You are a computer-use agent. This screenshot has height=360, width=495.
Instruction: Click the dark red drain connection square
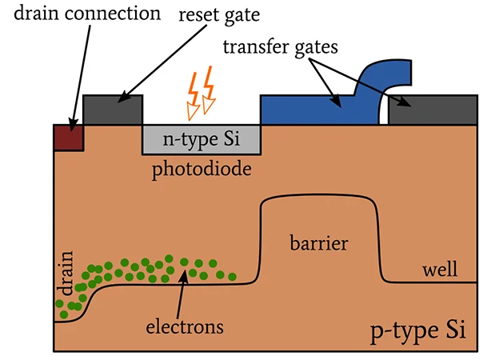[68, 137]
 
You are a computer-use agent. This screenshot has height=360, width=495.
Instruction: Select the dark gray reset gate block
[112, 110]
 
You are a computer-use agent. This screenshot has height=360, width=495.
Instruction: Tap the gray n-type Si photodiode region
[201, 139]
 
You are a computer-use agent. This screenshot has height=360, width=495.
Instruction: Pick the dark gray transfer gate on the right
[433, 110]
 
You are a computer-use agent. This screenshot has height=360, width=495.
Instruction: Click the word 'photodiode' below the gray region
[202, 170]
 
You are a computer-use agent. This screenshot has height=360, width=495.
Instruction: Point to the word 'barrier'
[318, 242]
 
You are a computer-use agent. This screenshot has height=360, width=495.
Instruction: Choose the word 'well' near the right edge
[440, 270]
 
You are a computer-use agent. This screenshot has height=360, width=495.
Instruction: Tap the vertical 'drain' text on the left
[66, 270]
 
